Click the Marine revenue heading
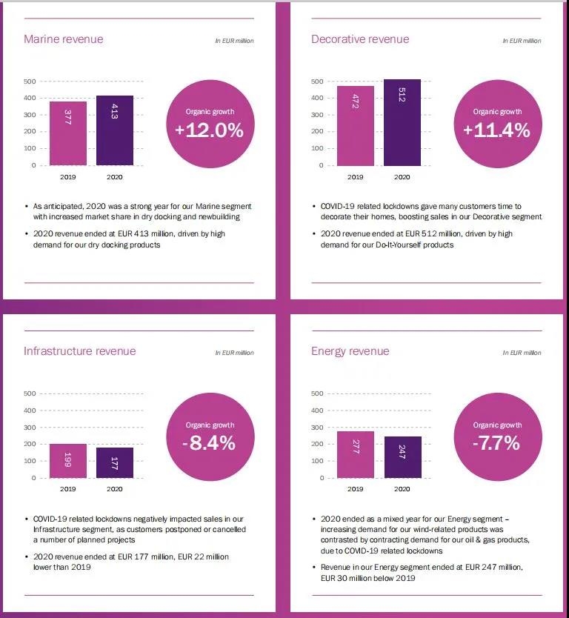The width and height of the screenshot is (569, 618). (x=64, y=39)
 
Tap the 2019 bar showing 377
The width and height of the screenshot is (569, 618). (x=68, y=133)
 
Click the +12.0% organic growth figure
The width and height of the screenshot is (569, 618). (x=209, y=130)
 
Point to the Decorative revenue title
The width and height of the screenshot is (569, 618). (x=360, y=39)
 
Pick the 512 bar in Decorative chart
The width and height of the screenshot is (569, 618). (x=402, y=122)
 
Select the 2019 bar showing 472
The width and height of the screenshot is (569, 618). (x=356, y=126)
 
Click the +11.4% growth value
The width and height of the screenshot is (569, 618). (x=496, y=130)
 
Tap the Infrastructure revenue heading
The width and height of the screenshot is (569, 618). (x=80, y=351)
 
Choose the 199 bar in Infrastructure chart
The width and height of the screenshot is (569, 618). (x=68, y=461)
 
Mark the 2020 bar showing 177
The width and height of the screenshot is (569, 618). (x=115, y=463)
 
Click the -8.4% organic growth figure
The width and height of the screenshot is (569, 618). (x=209, y=443)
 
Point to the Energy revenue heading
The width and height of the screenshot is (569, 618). (x=350, y=351)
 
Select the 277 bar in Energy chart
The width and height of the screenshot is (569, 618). (x=356, y=454)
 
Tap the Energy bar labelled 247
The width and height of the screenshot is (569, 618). (x=402, y=457)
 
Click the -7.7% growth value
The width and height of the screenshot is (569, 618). (x=496, y=443)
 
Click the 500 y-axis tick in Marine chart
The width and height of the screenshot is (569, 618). (x=30, y=81)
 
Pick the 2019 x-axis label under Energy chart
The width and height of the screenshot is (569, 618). (x=356, y=489)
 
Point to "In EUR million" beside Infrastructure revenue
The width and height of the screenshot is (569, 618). (x=234, y=353)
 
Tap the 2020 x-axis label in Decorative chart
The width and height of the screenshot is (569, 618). (x=402, y=177)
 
